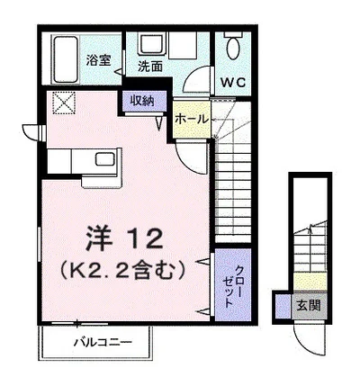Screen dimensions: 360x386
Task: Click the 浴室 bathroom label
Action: click(x=98, y=60)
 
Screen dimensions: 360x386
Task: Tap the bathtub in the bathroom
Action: click(x=66, y=59)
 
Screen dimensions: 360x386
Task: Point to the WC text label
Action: click(x=233, y=82)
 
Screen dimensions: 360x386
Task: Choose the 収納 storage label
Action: click(x=142, y=101)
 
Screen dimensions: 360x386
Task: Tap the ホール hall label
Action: click(x=192, y=120)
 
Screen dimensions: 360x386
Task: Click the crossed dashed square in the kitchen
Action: click(x=64, y=103)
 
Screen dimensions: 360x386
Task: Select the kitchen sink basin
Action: click(x=105, y=159)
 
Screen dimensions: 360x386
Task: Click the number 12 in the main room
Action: click(x=145, y=238)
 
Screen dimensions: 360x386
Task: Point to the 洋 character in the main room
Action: click(x=99, y=238)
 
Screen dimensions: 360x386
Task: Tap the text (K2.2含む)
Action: click(x=121, y=271)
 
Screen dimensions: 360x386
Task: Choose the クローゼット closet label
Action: click(x=233, y=286)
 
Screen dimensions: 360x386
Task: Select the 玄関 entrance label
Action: click(x=309, y=306)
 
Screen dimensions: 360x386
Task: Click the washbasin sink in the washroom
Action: click(x=151, y=43)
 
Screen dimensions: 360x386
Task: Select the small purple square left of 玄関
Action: click(x=283, y=307)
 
